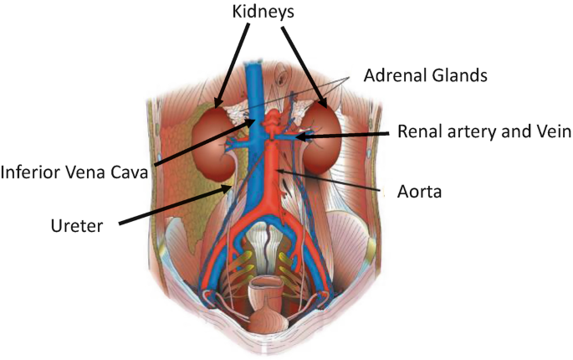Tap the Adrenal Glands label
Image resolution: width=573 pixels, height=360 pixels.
tap(425, 75)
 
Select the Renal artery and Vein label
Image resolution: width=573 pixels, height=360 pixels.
tap(483, 131)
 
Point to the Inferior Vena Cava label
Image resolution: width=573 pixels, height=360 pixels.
tap(74, 173)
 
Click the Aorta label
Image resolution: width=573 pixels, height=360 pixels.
tap(419, 192)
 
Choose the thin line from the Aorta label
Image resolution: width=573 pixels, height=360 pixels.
tap(335, 182)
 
